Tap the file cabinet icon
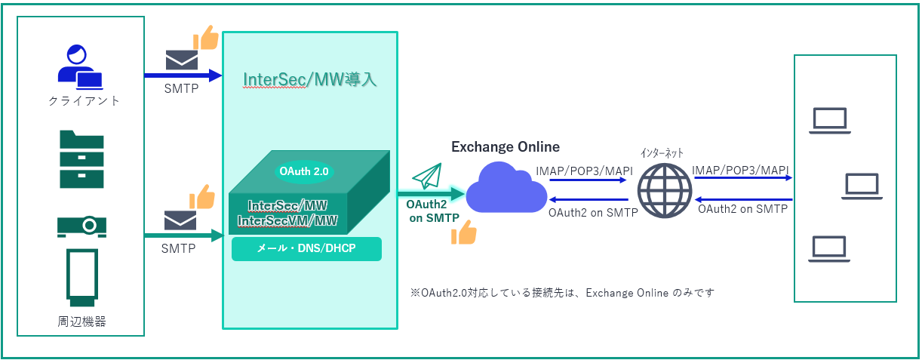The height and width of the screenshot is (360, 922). (x=81, y=159)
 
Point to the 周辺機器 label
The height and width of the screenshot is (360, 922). (x=81, y=322)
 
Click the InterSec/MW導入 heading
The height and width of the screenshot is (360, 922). (x=310, y=80)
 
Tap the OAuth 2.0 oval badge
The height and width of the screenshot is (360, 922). (x=304, y=171)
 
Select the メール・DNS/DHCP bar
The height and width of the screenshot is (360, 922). (x=306, y=249)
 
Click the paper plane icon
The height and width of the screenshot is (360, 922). (x=426, y=177)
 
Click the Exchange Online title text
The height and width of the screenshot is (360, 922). (x=505, y=146)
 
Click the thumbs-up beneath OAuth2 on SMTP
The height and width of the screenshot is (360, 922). (x=463, y=233)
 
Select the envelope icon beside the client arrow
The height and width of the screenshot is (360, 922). (x=181, y=60)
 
